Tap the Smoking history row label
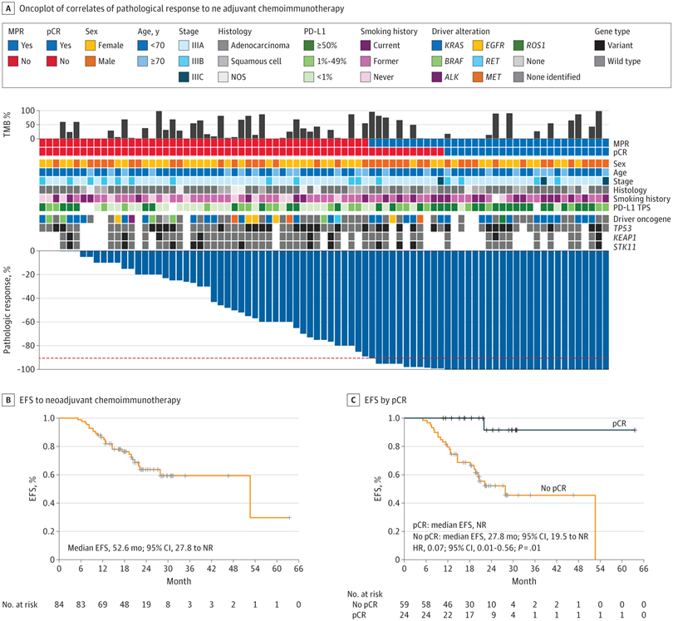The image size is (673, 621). (642, 198)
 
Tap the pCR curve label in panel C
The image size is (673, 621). (621, 424)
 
